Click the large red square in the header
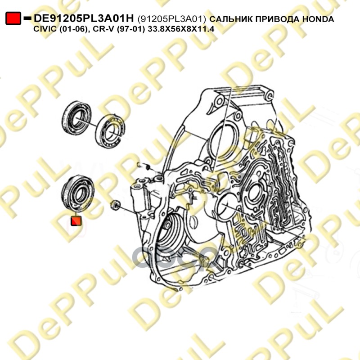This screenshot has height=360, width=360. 13,18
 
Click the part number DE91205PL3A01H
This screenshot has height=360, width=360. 84,18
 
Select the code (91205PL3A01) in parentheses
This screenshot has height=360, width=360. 171,19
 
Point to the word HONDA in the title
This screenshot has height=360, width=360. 318,19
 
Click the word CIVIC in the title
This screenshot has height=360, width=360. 45,29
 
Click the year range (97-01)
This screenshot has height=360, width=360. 131,29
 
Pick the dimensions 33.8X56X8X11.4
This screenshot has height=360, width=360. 181,29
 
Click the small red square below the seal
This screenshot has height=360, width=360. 76,220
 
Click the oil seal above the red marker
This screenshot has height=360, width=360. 78,193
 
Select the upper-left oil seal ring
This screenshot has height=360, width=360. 76,117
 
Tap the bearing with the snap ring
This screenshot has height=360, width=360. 110,131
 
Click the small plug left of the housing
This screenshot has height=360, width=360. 115,205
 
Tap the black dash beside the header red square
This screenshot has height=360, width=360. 27,18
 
